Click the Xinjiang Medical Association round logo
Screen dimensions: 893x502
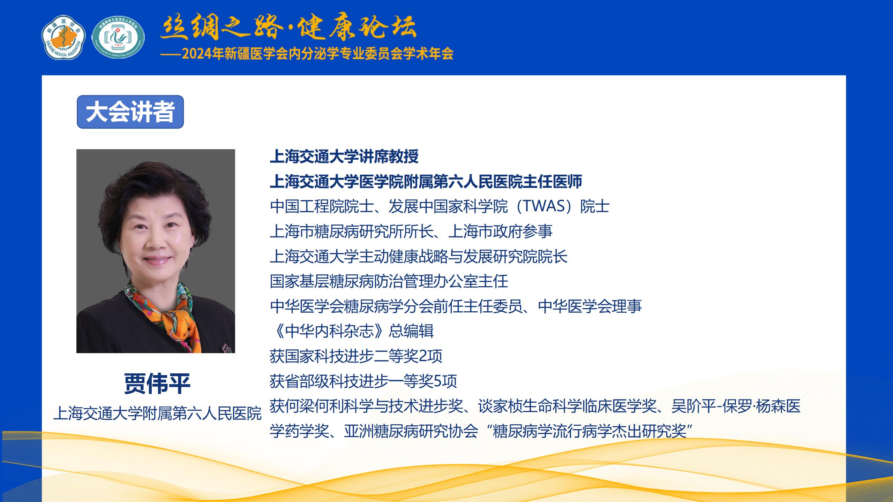[63, 37]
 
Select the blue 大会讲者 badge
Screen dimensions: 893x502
[130, 112]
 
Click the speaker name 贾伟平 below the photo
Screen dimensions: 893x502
[157, 383]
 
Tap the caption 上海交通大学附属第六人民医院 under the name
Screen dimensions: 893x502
[157, 413]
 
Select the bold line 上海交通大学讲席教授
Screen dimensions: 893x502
[344, 157]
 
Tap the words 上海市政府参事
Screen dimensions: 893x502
[501, 231]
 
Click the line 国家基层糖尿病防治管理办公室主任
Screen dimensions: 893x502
[389, 281]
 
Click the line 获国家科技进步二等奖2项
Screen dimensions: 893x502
[356, 356]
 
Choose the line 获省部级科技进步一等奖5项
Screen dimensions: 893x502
[363, 381]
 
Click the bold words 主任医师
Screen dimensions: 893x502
[553, 182]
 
